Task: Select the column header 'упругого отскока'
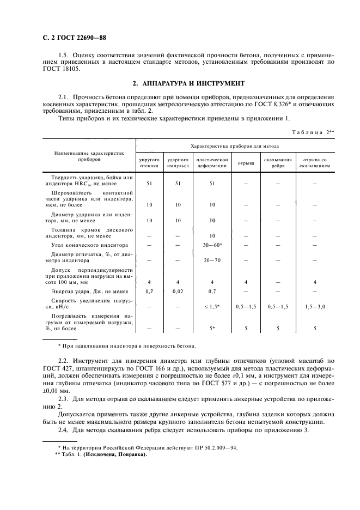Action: pyautogui.click(x=149, y=162)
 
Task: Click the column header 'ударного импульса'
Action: pyautogui.click(x=178, y=162)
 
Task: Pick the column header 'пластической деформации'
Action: pyautogui.click(x=212, y=162)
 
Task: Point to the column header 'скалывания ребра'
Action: pyautogui.click(x=278, y=162)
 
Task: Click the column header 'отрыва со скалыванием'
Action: pyautogui.click(x=314, y=162)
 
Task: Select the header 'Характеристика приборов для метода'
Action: pyautogui.click(x=234, y=147)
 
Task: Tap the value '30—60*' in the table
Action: pyautogui.click(x=212, y=245)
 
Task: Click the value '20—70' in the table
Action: pyautogui.click(x=212, y=261)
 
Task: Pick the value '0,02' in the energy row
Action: pyautogui.click(x=178, y=292)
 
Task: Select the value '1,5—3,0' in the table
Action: pyautogui.click(x=314, y=307)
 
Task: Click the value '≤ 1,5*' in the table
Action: pyautogui.click(x=212, y=307)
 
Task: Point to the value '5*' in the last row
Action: pyautogui.click(x=212, y=329)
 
